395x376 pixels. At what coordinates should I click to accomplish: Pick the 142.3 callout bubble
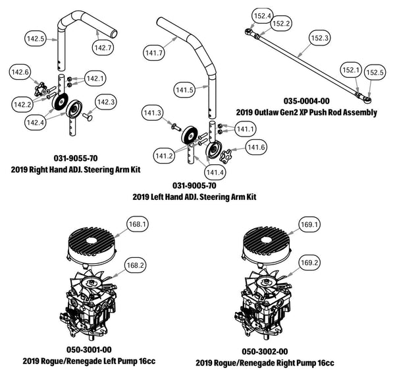click(x=107, y=102)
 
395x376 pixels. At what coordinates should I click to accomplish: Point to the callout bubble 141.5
click(x=186, y=88)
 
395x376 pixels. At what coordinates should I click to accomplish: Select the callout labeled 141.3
click(x=153, y=114)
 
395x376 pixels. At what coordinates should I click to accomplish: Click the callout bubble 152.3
click(x=319, y=39)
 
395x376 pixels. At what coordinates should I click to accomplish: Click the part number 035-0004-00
click(x=306, y=101)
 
